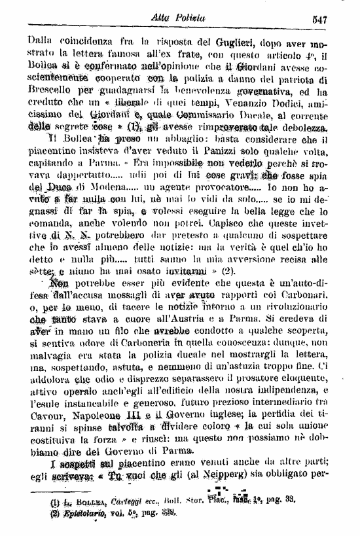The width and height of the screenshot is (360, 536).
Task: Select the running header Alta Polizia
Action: [x=186, y=19]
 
